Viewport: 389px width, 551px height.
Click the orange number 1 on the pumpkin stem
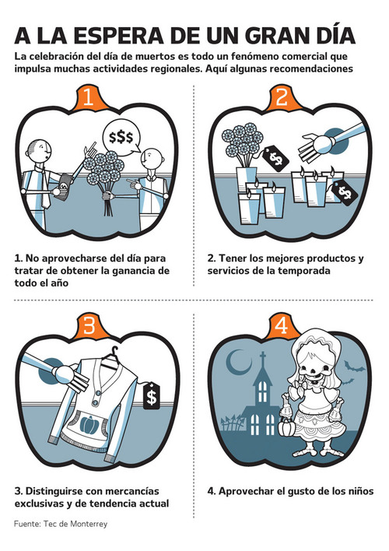tap(88, 97)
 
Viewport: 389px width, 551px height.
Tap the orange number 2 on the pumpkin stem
tap(282, 97)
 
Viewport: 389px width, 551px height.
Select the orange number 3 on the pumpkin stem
tap(89, 325)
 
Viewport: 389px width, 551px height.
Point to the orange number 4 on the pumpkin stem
tap(282, 325)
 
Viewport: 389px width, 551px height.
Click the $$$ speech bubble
tap(121, 138)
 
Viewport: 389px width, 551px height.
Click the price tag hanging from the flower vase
tap(276, 159)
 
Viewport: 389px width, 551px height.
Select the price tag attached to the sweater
tap(152, 396)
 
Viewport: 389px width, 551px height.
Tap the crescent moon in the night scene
tap(237, 363)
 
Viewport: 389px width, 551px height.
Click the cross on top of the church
tap(262, 359)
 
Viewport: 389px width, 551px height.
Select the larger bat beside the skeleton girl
tap(353, 367)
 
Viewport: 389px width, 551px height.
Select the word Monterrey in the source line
tap(89, 524)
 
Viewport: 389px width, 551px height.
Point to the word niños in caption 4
tap(359, 491)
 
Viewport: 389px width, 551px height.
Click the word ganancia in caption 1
tap(131, 271)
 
